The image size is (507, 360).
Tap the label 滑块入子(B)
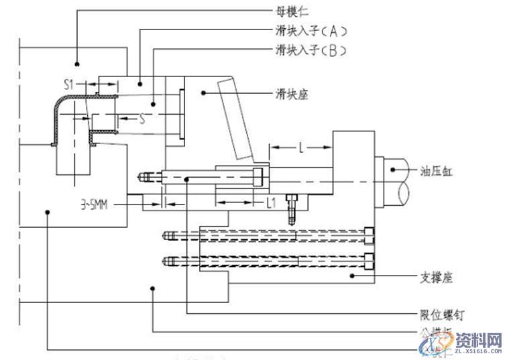[311, 51]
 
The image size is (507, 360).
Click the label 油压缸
[437, 172]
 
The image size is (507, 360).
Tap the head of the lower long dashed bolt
[370, 260]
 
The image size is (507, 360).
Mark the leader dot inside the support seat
[350, 275]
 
